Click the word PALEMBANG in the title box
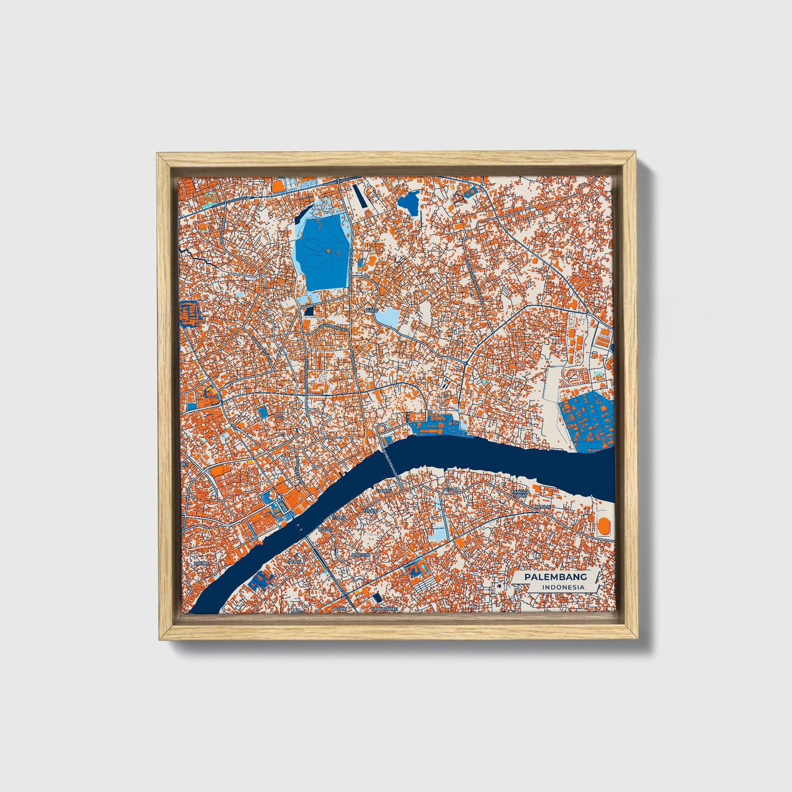tap(555, 577)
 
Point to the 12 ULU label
tap(451, 489)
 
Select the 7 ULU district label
tap(296, 561)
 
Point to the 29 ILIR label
tap(201, 563)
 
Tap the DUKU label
tap(371, 311)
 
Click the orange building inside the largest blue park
tap(328, 250)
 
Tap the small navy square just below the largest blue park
tap(309, 311)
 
